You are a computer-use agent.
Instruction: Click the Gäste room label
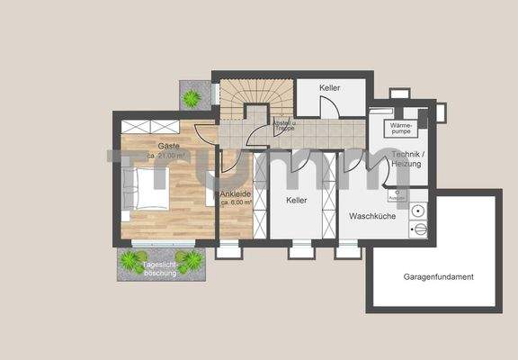coord(168,146)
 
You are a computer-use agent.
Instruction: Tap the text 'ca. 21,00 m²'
coord(167,156)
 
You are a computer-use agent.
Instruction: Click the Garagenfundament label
coord(438,276)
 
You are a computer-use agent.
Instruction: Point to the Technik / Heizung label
coord(410,161)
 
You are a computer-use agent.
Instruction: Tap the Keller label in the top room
coord(330,88)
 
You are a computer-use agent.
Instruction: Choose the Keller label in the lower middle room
coord(298,202)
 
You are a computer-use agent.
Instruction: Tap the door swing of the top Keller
coord(330,108)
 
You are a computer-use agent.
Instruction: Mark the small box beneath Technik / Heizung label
coord(396,193)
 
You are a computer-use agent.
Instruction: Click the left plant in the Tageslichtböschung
coord(133,261)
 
